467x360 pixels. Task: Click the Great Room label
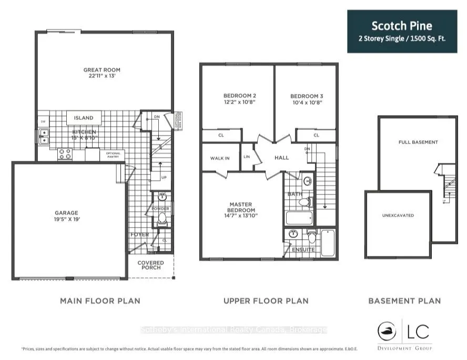point(101,70)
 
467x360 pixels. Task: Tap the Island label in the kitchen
point(84,118)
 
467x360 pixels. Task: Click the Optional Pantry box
point(113,155)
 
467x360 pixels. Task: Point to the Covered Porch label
point(150,265)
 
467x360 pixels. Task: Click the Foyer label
point(139,235)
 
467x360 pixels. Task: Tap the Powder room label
point(161,209)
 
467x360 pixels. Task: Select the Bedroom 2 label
point(236,96)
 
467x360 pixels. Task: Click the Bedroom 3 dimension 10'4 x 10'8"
point(306,103)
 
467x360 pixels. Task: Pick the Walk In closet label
point(219,158)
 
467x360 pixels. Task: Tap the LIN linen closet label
point(247,157)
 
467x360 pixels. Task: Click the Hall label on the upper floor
point(281,157)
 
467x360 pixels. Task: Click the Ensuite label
point(304,250)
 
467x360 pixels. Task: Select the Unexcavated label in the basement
point(398,215)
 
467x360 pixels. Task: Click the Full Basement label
point(418,142)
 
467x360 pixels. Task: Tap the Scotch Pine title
point(402,26)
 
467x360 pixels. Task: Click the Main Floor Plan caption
point(100,301)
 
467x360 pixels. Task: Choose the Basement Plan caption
point(404,301)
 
